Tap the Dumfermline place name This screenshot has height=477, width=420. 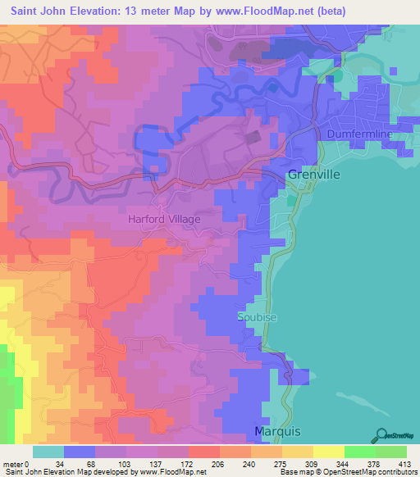360,134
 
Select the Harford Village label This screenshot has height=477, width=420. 164,220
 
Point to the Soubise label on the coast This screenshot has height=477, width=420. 253,317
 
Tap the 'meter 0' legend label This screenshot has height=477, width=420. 16,463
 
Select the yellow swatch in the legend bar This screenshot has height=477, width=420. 328,452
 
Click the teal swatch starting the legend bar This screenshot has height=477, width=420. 48,452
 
